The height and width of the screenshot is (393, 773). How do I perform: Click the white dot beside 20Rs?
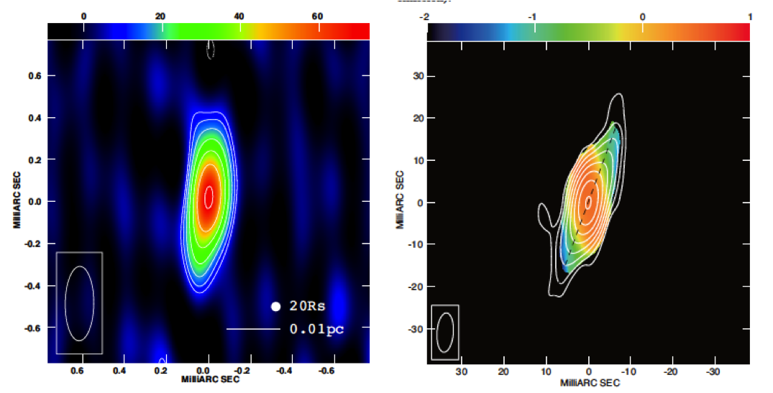coord(275,307)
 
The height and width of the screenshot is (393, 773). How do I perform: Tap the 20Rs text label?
coord(307,307)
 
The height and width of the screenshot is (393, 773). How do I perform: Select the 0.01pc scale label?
coord(316,330)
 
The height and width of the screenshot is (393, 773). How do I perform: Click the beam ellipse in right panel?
coord(445,332)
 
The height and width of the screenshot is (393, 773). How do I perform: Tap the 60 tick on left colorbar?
coord(318,17)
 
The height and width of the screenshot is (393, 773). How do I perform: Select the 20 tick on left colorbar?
coord(160,17)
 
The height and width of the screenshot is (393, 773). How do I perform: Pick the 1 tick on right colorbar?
coord(750,17)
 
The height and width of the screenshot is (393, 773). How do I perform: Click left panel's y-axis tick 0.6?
coord(33,75)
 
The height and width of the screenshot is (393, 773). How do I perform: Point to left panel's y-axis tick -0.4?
coord(32,286)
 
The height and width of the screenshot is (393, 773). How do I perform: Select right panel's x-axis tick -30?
coord(713,371)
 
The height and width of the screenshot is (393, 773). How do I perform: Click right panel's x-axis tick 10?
coord(546,371)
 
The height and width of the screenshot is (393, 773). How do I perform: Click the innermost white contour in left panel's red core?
coord(209,195)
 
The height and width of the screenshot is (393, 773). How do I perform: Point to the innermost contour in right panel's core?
coord(588,202)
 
